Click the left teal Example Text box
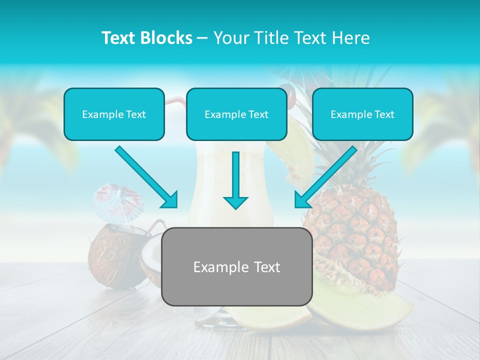click(114, 114)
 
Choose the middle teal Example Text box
click(236, 114)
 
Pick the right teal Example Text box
click(362, 114)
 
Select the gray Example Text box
click(236, 266)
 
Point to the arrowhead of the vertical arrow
click(235, 202)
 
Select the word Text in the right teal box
click(384, 114)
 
